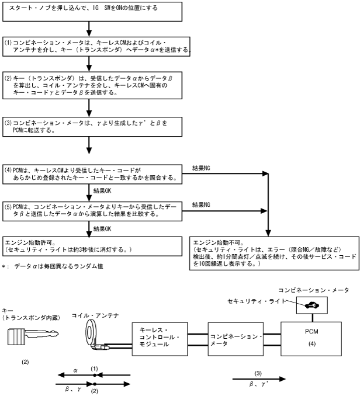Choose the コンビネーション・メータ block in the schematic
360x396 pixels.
point(237,339)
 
